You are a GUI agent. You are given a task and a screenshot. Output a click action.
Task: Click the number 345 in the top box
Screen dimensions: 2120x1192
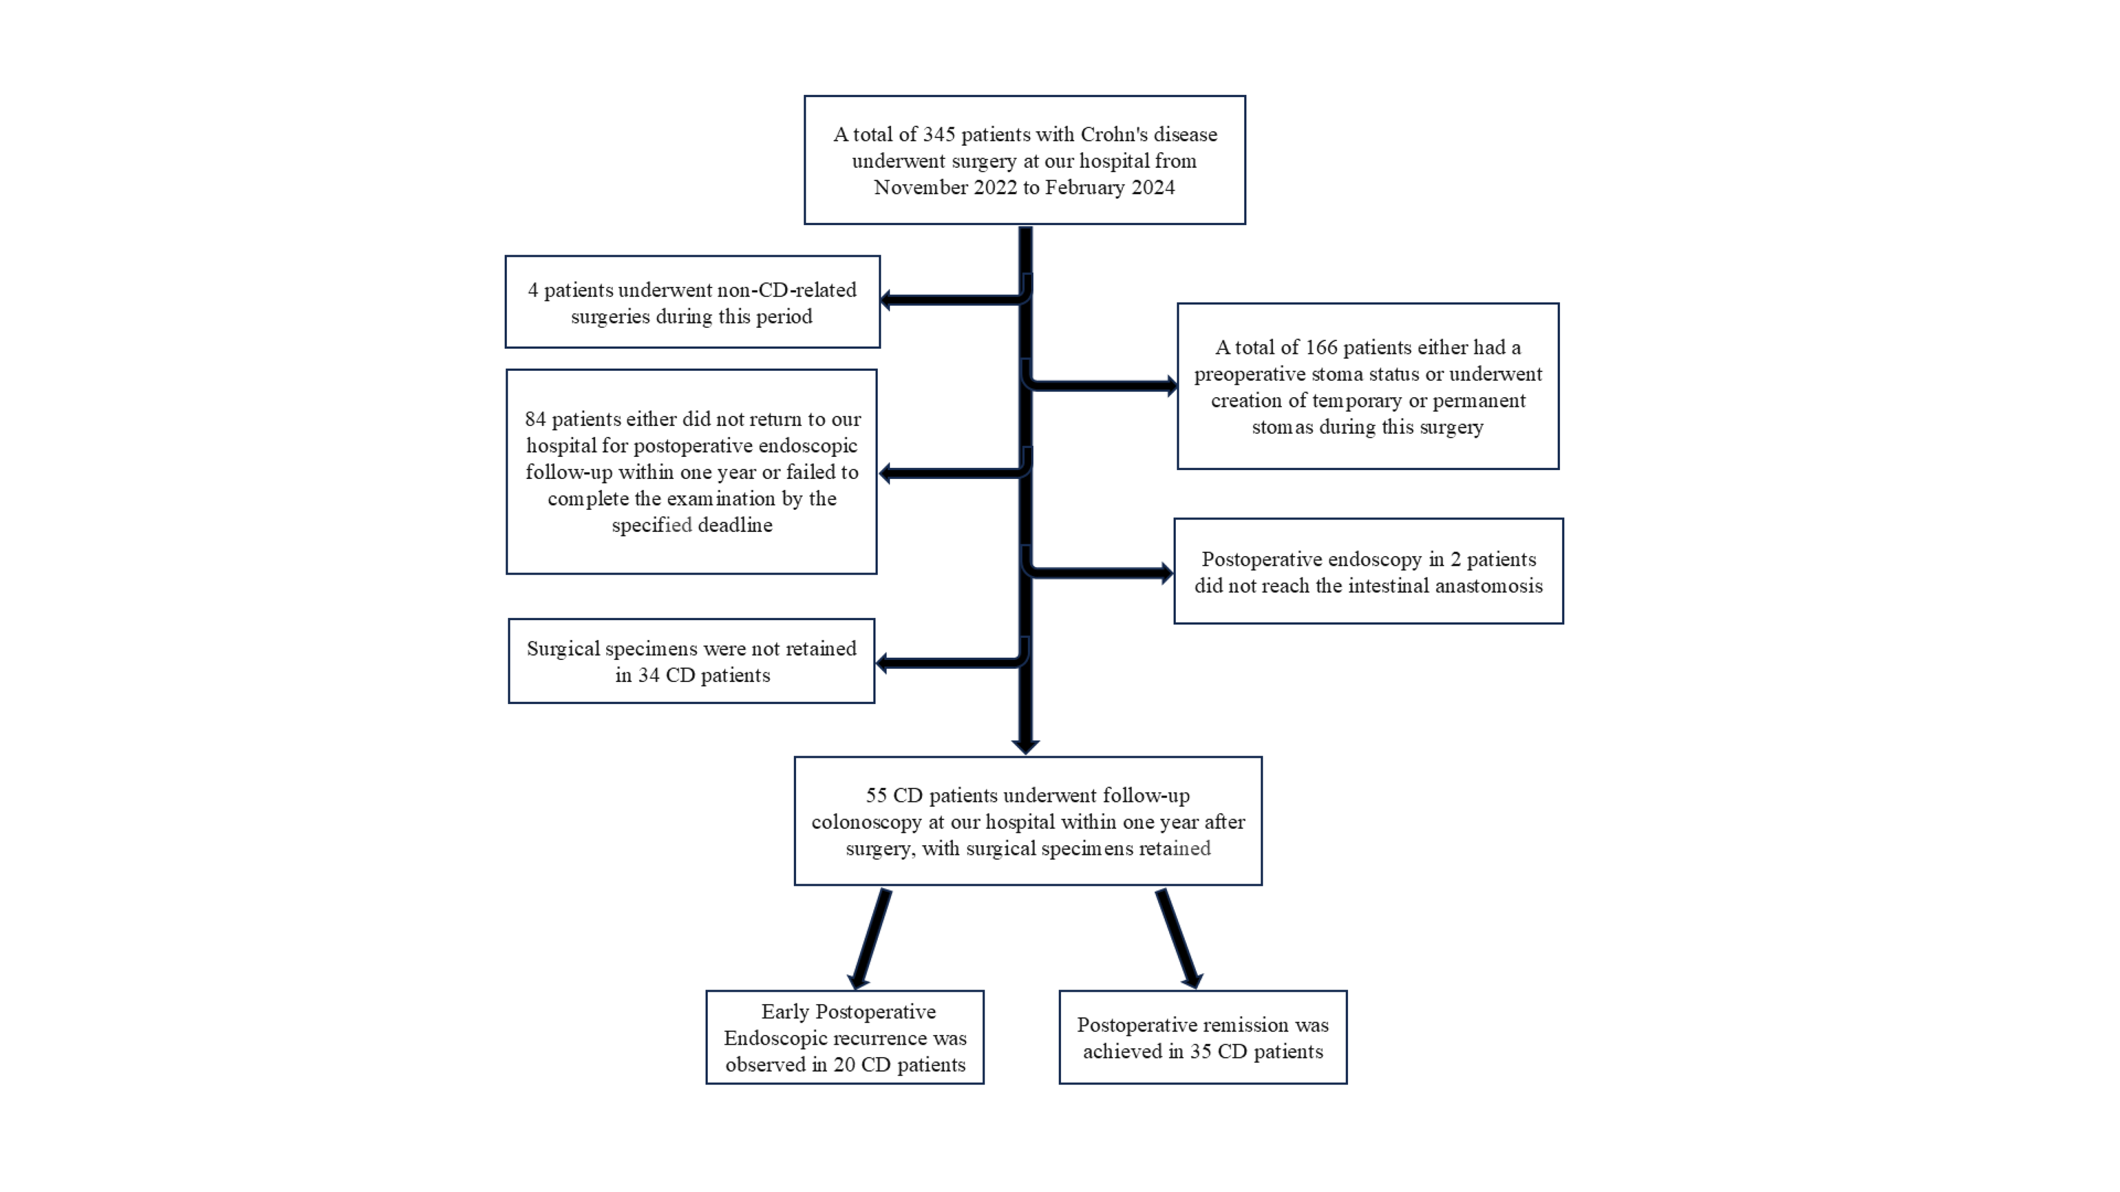(x=939, y=134)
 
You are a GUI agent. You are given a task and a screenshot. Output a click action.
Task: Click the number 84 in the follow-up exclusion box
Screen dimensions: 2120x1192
(x=536, y=419)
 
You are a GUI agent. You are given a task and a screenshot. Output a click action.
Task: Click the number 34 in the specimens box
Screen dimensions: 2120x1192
(x=649, y=675)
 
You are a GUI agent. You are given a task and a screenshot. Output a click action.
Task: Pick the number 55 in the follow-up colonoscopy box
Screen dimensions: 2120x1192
(x=877, y=796)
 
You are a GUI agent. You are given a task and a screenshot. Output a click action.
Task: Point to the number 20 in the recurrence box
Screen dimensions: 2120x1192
(x=844, y=1064)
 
